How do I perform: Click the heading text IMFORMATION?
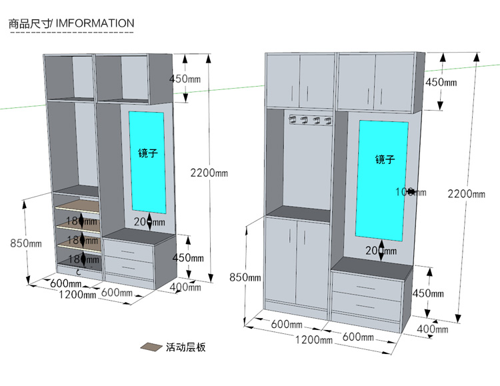tap(95, 23)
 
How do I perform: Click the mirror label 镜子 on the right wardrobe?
tap(385, 159)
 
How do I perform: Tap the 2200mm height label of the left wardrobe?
tap(209, 173)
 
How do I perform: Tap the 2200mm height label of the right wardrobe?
tap(466, 194)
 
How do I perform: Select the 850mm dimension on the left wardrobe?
tap(26, 243)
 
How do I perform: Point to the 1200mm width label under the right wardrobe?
tap(313, 339)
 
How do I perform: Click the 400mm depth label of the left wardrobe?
tap(186, 287)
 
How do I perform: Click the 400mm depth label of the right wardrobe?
tap(433, 329)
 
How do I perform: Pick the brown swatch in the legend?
tap(151, 347)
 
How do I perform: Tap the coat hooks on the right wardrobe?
tap(309, 120)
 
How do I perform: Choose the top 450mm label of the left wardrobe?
tap(185, 79)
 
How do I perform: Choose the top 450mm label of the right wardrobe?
tap(441, 82)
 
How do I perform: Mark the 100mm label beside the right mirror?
tap(405, 192)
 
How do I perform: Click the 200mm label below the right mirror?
tap(381, 251)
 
